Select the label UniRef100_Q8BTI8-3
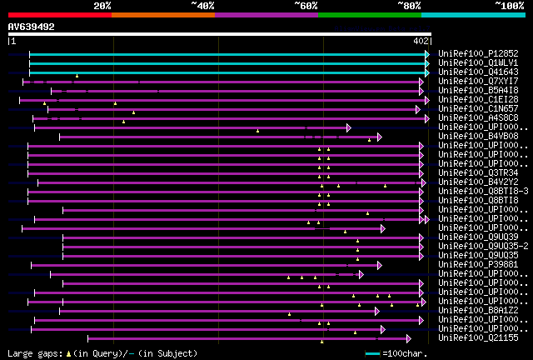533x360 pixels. pos(478,191)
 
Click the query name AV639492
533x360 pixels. pos(31,27)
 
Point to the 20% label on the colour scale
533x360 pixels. pos(102,6)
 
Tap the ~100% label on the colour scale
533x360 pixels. pos(508,6)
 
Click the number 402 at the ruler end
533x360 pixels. pos(421,41)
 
